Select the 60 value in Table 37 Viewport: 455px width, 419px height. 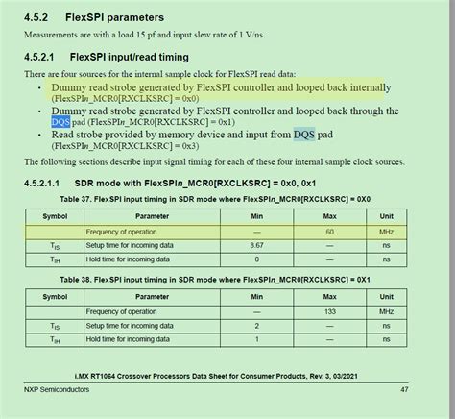coord(329,233)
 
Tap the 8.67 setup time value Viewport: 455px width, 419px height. coord(256,246)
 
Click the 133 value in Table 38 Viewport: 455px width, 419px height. coord(329,312)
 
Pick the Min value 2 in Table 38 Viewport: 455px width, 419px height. coord(256,327)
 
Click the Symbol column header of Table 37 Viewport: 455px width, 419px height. coord(55,217)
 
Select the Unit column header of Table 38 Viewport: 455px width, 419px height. coord(386,298)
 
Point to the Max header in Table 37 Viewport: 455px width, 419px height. coord(329,217)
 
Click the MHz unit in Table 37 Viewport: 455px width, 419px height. coord(386,233)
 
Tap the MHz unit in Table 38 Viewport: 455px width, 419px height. coord(386,312)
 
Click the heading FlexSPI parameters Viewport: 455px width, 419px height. coord(115,17)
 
